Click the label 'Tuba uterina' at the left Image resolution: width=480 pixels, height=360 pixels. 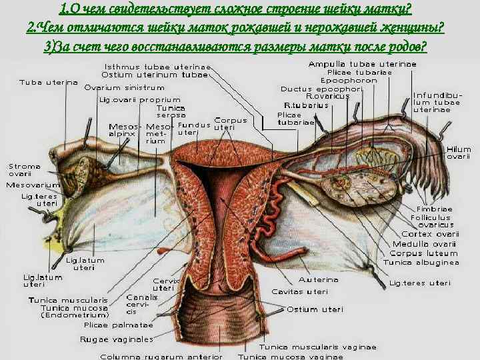pyautogui.click(x=48, y=83)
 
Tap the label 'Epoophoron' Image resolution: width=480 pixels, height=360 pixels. pyautogui.click(x=366, y=80)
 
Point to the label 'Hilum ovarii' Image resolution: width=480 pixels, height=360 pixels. pyautogui.click(x=459, y=153)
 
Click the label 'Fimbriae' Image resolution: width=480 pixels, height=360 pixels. pyautogui.click(x=434, y=209)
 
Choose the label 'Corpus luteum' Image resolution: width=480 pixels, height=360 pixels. pyautogui.click(x=423, y=253)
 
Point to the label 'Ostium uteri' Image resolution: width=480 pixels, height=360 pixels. pyautogui.click(x=315, y=309)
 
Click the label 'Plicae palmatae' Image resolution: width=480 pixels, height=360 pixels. pyautogui.click(x=119, y=326)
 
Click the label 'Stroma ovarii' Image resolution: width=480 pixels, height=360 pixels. pyautogui.click(x=25, y=170)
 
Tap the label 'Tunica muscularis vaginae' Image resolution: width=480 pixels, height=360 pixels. pyautogui.click(x=317, y=347)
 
